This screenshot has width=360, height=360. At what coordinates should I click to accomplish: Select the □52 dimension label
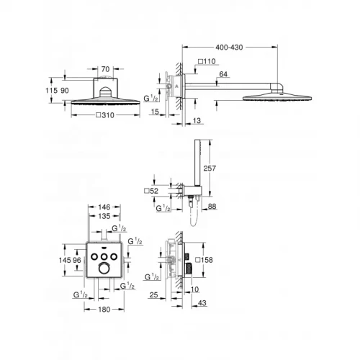click(153, 191)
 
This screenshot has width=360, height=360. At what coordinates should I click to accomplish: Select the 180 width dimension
click(104, 311)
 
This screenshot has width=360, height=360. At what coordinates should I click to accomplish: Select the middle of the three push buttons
click(105, 255)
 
